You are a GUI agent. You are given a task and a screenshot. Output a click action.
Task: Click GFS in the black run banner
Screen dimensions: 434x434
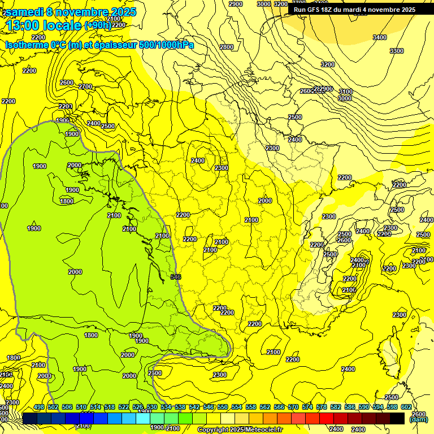(322, 10)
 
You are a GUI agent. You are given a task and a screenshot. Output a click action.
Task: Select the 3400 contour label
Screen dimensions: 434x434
(380, 37)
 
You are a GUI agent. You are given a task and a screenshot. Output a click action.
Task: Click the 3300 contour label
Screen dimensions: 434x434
(397, 51)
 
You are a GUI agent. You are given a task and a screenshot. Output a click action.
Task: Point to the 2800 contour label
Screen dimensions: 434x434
(227, 47)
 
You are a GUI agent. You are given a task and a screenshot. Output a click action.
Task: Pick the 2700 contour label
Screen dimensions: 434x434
(85, 86)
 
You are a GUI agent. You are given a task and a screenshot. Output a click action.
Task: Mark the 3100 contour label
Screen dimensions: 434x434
(345, 92)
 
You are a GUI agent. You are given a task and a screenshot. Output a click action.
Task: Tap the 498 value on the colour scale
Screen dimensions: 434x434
(39, 407)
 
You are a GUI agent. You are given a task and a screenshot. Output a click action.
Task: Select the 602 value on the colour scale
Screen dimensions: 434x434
(406, 407)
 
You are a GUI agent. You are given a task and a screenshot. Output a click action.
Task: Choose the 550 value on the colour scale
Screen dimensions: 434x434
(223, 407)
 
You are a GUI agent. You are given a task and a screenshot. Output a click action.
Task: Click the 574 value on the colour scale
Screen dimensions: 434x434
(307, 407)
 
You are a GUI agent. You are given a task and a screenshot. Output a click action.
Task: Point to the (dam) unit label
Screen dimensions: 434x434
(418, 419)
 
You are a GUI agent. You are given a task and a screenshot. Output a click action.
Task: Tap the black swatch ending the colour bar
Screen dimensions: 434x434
(397, 418)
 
